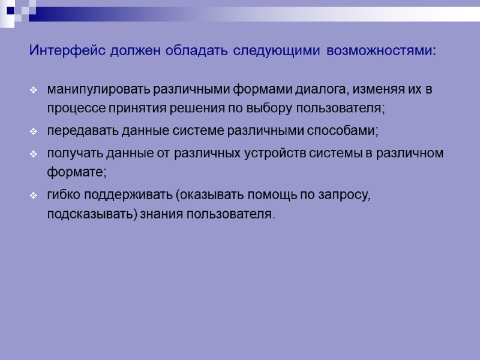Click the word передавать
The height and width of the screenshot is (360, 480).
point(76,131)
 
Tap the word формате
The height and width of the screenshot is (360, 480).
point(76,172)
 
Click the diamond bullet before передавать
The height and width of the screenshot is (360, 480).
point(34,131)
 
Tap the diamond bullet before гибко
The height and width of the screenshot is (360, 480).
point(34,196)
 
